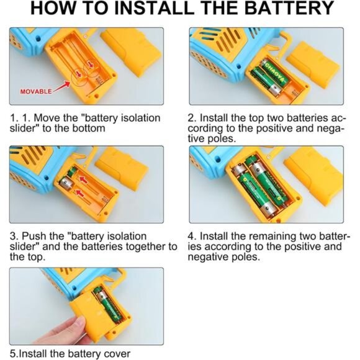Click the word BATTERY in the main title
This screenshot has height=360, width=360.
[x=289, y=8]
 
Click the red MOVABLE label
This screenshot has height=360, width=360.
[x=36, y=91]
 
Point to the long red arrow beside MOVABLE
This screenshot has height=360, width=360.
[x=61, y=86]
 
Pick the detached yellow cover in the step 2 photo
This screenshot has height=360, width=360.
[x=313, y=65]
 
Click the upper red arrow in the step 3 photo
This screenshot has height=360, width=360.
[x=84, y=179]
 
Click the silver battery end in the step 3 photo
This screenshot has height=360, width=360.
[x=65, y=182]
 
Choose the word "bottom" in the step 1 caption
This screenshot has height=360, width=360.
[x=89, y=128]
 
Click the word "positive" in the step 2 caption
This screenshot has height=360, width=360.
[x=274, y=128]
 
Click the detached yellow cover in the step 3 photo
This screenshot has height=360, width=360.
[x=122, y=169]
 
